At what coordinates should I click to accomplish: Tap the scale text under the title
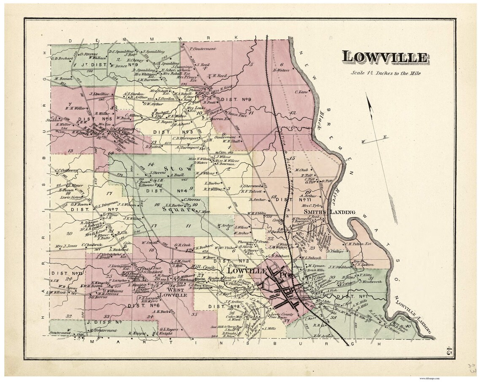pos(385,73)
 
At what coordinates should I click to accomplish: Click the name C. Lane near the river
pos(301,92)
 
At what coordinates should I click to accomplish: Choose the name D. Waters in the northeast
pos(281,70)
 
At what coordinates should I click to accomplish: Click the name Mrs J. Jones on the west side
pos(66,246)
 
